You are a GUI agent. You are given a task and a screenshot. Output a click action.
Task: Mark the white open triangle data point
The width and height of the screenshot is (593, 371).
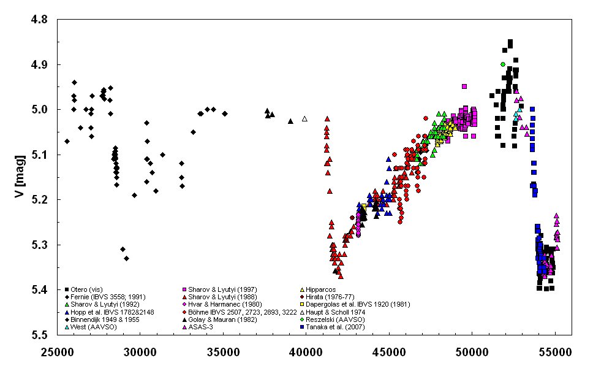pyautogui.click(x=304, y=118)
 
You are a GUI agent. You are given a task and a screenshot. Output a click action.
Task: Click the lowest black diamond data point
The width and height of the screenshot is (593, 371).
pyautogui.click(x=127, y=258)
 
